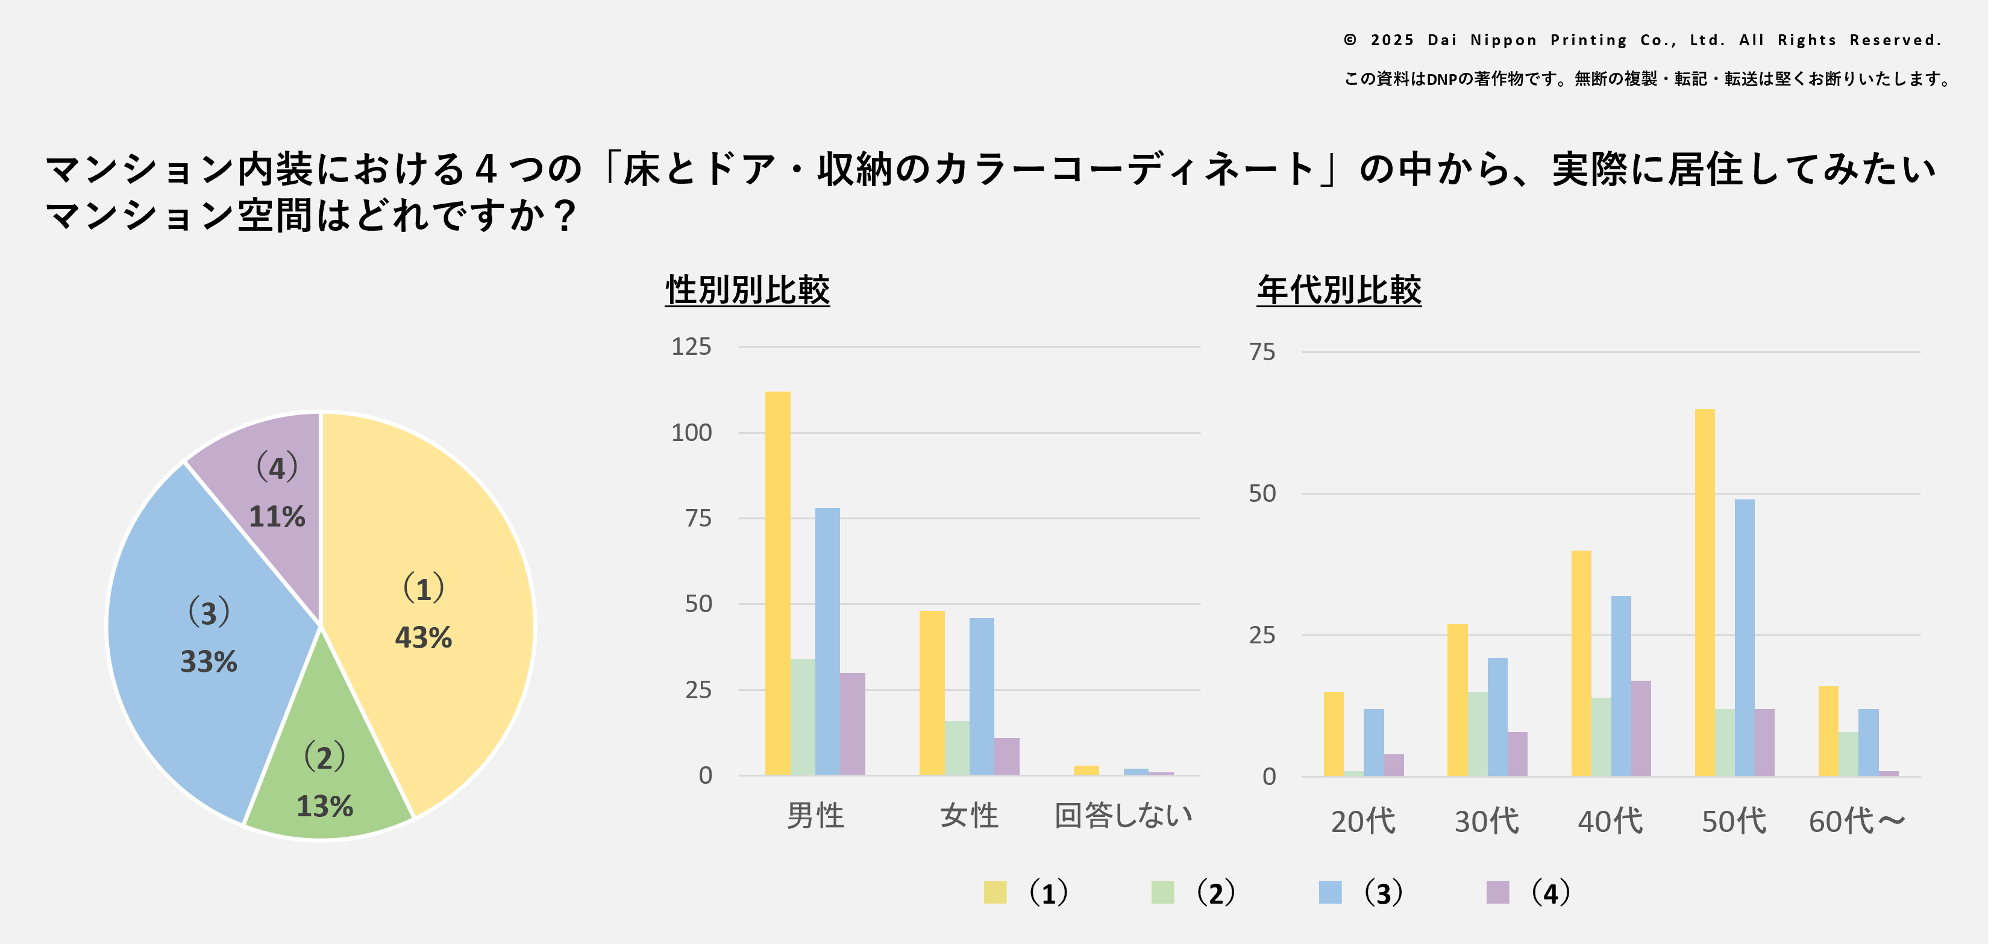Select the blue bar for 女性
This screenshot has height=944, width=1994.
pos(982,696)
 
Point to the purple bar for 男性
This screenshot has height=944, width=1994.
pos(852,724)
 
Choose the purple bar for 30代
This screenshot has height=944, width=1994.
pos(1517,754)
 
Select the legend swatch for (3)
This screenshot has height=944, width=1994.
pos(1330,892)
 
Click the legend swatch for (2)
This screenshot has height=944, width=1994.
pos(1162,892)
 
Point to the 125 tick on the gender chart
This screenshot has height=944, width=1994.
pos(691,346)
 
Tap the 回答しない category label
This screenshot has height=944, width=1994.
pos(1123,816)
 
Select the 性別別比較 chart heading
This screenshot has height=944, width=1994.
pos(747,290)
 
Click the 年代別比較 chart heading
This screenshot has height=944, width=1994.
pos(1338,290)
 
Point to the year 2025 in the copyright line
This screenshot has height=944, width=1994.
pos(1392,40)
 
